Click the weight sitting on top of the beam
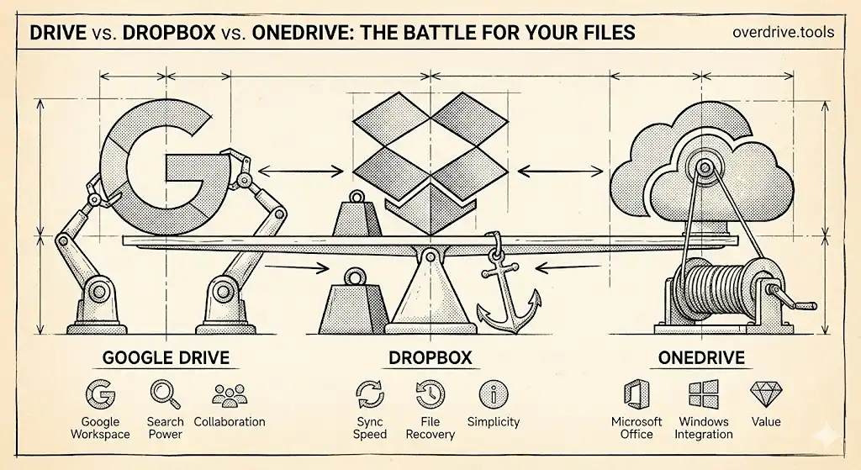[358, 216]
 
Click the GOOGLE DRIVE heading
[166, 357]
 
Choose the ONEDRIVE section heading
[702, 357]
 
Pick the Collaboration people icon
[229, 394]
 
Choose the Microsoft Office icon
[637, 394]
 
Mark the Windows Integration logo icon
[703, 394]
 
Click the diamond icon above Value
[765, 393]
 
